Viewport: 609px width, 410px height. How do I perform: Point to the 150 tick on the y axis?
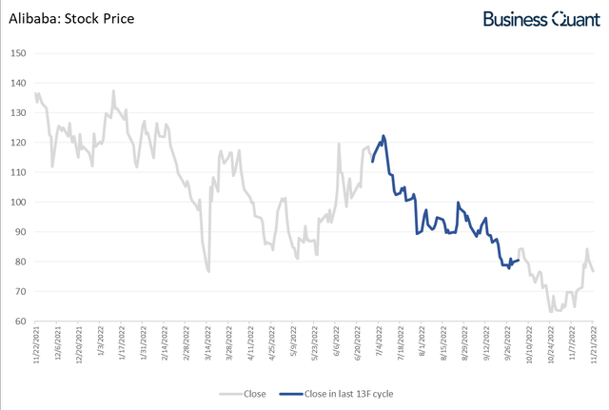(x=17, y=52)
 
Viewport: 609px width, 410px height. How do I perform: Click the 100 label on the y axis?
(x=17, y=202)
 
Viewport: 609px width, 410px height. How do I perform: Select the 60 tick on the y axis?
(x=19, y=322)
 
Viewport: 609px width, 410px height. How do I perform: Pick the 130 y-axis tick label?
(x=17, y=112)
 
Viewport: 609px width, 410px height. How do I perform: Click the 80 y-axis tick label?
(x=19, y=262)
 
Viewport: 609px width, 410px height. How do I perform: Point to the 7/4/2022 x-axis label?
(x=379, y=344)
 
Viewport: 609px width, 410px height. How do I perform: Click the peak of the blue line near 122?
(x=383, y=136)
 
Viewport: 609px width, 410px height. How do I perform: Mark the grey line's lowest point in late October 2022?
(x=550, y=311)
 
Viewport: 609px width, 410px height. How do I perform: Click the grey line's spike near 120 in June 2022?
(x=340, y=144)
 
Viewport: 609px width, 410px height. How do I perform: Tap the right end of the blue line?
(x=518, y=260)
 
